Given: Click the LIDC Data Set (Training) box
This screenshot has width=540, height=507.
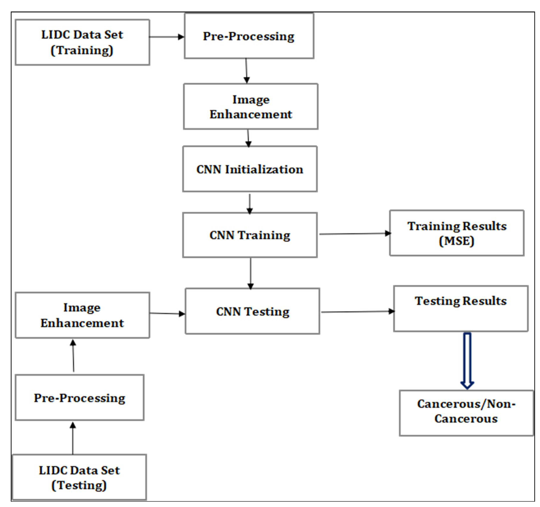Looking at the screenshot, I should click(x=82, y=42).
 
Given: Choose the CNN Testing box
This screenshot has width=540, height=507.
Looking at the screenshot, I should click(x=252, y=311).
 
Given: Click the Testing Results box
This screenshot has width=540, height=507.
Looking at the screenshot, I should click(x=461, y=309).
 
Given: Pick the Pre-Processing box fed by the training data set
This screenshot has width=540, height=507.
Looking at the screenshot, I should click(x=249, y=36).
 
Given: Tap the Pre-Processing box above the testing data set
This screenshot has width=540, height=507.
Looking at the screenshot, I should click(x=79, y=398).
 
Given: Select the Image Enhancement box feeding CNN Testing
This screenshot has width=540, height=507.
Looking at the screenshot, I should click(x=82, y=315).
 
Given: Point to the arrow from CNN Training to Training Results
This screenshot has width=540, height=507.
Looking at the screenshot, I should click(x=355, y=234).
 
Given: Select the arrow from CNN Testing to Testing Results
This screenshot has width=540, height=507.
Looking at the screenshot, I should click(x=357, y=312).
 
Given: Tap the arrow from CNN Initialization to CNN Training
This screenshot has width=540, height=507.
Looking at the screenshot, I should click(x=250, y=204).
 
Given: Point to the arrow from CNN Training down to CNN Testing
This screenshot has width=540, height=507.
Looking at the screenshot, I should click(x=250, y=273).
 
